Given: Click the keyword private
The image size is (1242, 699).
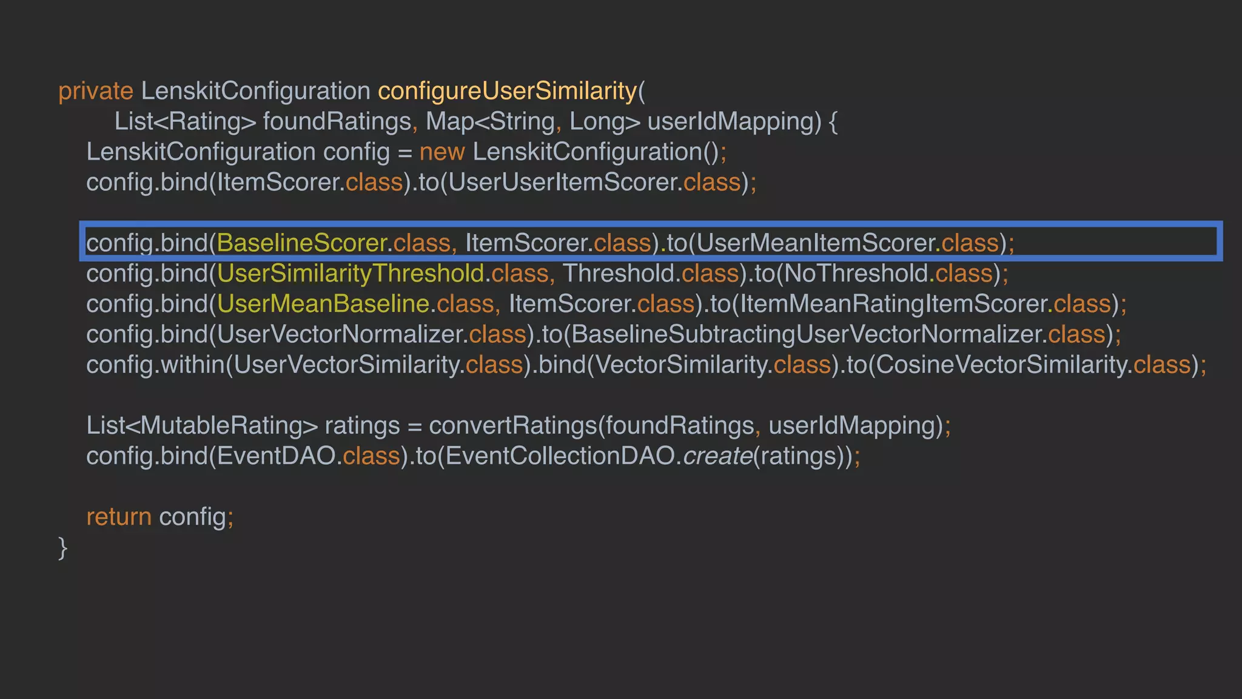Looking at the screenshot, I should [95, 92].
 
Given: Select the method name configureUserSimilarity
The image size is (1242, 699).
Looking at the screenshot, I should [507, 92].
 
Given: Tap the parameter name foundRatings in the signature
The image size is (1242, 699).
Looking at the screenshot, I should [337, 122].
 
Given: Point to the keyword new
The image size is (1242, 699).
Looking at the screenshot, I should [441, 152].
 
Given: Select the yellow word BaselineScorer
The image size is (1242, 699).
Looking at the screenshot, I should [301, 243].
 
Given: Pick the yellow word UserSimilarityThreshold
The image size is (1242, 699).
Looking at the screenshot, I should [350, 274].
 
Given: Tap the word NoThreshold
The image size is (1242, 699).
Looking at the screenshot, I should [856, 274].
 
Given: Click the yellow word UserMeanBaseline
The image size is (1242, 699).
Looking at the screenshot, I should [323, 304].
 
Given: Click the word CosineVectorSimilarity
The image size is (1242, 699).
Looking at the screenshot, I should [1001, 365].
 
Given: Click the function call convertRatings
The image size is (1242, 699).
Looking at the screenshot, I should [512, 425].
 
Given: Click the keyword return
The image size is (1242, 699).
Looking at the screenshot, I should [118, 517].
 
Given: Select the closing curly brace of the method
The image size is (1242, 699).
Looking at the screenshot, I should [62, 547].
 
